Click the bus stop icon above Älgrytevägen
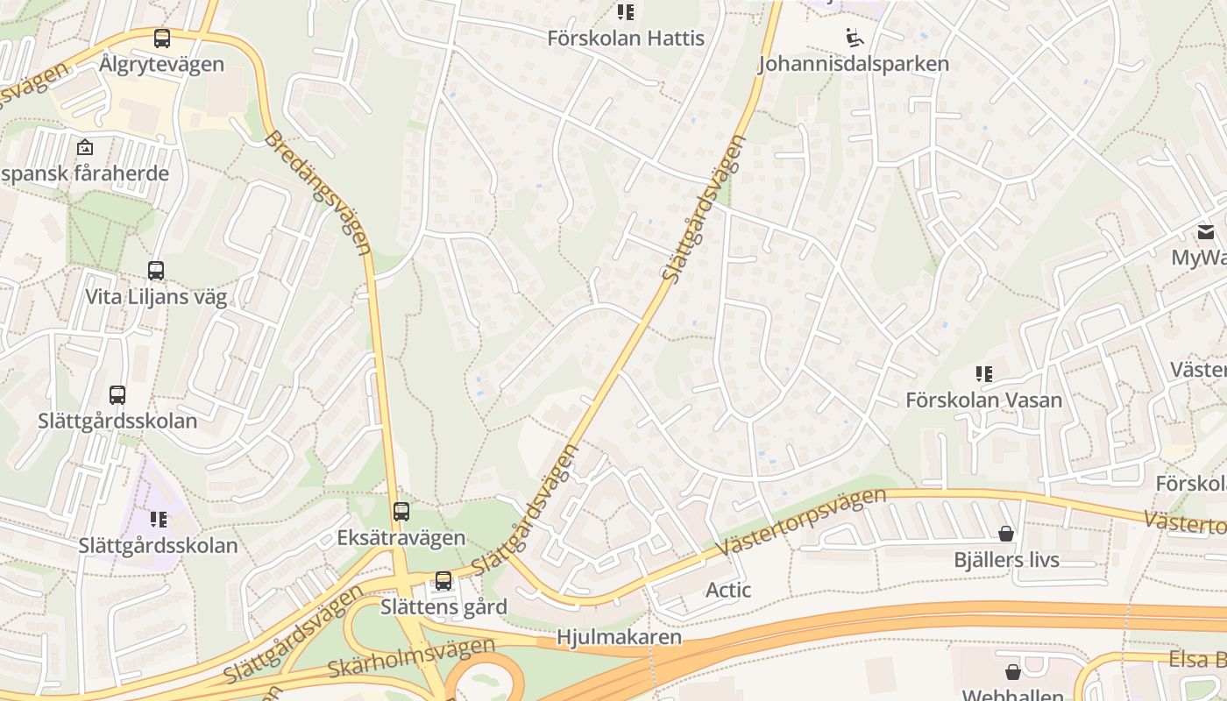click(161, 39)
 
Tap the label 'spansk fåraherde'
click(85, 173)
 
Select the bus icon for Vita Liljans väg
click(156, 271)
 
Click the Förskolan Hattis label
click(626, 39)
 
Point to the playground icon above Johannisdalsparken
click(854, 38)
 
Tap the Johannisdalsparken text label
click(853, 64)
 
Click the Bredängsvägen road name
click(318, 194)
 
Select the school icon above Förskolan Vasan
click(984, 374)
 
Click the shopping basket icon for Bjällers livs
click(1006, 534)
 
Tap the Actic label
click(728, 591)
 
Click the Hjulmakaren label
click(619, 637)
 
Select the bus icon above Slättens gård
click(443, 581)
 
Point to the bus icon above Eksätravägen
click(401, 512)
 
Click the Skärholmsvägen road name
click(411, 658)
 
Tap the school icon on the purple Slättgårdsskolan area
click(158, 520)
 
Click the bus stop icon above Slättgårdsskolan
click(117, 395)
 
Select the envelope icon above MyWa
click(1206, 232)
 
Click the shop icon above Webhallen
click(1013, 672)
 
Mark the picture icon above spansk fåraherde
click(85, 147)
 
